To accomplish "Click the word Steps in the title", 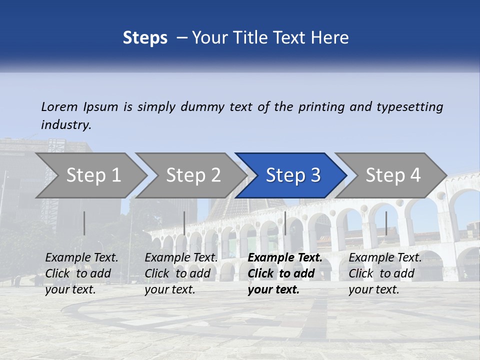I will tap(145, 38).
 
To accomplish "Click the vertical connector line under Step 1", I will tap(84, 223).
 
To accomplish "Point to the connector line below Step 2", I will tap(184, 223).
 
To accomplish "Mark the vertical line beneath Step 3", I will tap(285, 223).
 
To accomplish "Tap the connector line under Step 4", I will tap(386, 223).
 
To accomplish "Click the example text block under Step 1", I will tap(81, 273).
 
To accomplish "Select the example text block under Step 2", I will tap(181, 273).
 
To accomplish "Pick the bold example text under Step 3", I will tap(285, 273).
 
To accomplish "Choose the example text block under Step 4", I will tap(385, 273).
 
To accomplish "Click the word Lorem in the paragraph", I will tap(59, 106).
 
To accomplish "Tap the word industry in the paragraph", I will tap(66, 124).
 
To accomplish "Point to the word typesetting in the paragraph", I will tap(409, 107).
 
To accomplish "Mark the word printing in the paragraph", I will tap(320, 107).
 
